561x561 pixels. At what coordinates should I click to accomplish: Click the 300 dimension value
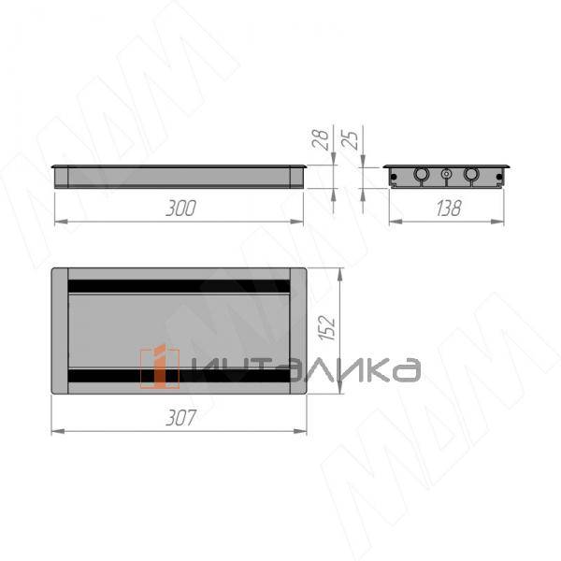180,209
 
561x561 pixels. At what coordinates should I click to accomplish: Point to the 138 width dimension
448,209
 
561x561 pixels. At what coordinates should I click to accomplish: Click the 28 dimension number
320,141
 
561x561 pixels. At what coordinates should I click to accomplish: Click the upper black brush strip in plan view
179,286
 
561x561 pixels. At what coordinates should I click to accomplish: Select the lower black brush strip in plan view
179,377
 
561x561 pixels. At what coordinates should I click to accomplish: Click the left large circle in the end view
422,175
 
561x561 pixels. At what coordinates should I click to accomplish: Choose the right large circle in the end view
470,175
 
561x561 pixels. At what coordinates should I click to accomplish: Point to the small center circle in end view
446,175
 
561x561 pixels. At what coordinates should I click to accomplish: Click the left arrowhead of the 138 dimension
392,222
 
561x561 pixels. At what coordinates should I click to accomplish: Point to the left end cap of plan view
60,331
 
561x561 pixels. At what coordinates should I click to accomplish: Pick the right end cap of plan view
298,331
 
